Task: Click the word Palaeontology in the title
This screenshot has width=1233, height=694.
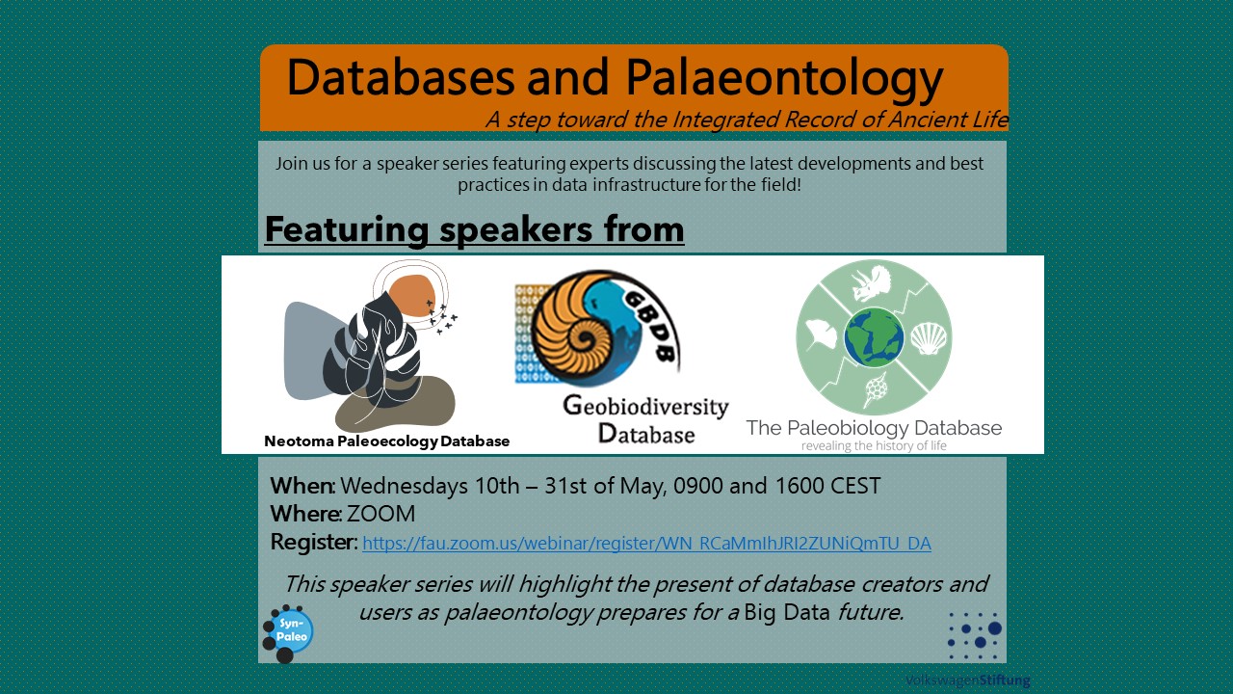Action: [784, 79]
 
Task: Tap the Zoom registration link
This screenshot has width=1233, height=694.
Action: [646, 543]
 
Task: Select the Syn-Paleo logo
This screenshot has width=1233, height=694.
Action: [288, 633]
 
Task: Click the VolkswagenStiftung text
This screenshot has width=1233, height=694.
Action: [968, 681]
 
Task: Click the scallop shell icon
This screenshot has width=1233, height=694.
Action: [929, 338]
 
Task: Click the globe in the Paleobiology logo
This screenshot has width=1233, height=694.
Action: [874, 337]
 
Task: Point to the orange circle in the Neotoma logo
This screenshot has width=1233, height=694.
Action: [411, 296]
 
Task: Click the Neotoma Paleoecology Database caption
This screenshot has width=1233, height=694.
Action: [387, 441]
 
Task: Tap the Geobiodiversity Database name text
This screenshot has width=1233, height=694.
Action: [645, 419]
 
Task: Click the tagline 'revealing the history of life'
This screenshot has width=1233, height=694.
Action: [874, 445]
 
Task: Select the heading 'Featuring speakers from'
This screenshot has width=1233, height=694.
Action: [475, 229]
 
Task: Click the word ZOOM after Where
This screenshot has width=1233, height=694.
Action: [380, 514]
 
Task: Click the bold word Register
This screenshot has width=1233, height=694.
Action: [314, 543]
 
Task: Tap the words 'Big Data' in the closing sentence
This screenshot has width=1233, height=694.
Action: [787, 612]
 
